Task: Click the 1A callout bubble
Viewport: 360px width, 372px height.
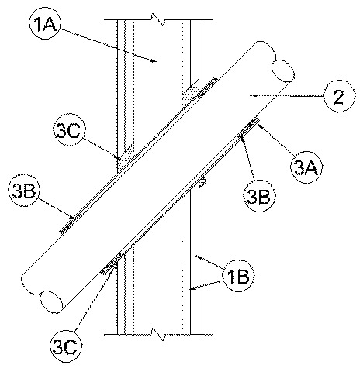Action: tap(45, 24)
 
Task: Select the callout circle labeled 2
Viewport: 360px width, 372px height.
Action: tap(339, 96)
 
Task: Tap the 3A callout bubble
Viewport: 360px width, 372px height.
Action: tap(306, 167)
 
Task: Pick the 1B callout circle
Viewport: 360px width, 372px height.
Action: tap(239, 276)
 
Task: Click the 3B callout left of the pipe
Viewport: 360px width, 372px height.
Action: tap(24, 191)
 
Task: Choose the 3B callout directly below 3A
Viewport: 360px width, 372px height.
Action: tap(259, 196)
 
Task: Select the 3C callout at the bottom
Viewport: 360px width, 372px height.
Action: tap(66, 346)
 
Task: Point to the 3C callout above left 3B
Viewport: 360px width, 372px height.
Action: tap(69, 129)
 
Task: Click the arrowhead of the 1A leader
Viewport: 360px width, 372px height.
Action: tap(154, 61)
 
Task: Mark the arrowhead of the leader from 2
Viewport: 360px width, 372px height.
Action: tap(254, 96)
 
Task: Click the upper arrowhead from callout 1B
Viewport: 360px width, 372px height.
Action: tap(197, 257)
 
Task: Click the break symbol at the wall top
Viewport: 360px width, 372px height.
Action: tap(158, 19)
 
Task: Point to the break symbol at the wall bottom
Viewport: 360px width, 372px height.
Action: tap(158, 335)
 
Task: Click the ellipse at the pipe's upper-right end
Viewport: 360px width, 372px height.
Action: tap(282, 71)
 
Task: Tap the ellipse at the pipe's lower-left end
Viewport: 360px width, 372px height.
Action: tap(51, 301)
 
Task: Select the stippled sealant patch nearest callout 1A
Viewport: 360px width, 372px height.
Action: tap(191, 95)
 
